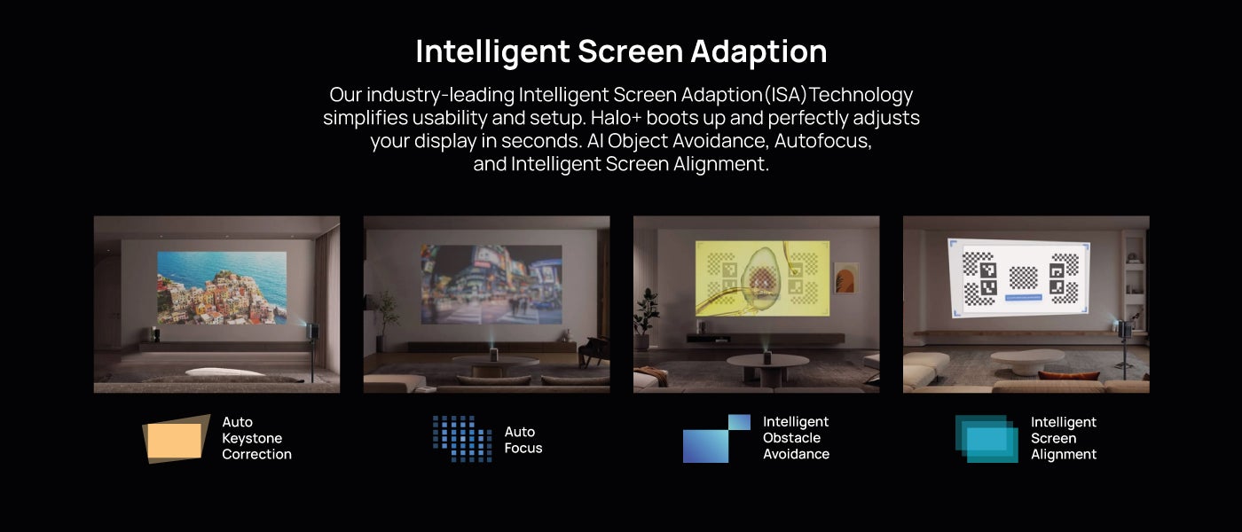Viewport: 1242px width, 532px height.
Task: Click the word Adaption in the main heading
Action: [759, 51]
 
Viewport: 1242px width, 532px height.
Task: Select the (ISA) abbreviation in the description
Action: [784, 95]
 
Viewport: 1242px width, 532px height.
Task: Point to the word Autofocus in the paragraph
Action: [823, 141]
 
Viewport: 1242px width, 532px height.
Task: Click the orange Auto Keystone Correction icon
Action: [176, 439]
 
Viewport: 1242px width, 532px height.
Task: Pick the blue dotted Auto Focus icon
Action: [462, 438]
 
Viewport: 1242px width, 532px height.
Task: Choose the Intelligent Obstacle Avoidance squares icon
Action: [717, 438]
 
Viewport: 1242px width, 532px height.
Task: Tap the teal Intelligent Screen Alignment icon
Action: [987, 438]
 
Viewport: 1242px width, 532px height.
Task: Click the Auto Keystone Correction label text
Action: [256, 438]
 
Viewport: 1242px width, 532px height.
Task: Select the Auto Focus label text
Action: [523, 440]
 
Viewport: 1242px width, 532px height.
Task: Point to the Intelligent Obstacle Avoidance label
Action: [796, 438]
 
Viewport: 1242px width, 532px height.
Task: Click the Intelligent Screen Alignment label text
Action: [1064, 438]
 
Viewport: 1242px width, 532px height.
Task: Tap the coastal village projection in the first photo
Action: [222, 288]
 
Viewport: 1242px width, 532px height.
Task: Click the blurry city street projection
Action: [491, 285]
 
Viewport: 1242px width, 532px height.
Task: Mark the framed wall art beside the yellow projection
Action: [846, 278]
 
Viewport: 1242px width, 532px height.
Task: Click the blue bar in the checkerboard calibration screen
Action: [1023, 298]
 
